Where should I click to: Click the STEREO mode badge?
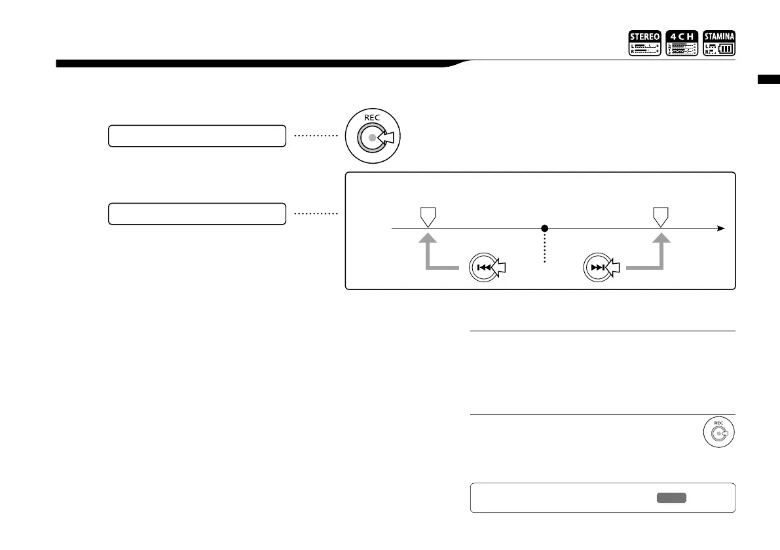pyautogui.click(x=644, y=43)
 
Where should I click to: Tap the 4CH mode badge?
pyautogui.click(x=682, y=43)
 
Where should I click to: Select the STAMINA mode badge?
pyautogui.click(x=719, y=43)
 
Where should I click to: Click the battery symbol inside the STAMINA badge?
pyautogui.click(x=726, y=48)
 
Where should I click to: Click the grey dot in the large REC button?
pyautogui.click(x=373, y=138)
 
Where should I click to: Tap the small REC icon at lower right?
pyautogui.click(x=718, y=434)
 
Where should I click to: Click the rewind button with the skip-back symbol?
pyautogui.click(x=484, y=267)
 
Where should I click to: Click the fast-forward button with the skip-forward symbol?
pyautogui.click(x=597, y=267)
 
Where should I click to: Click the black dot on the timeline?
pyautogui.click(x=544, y=229)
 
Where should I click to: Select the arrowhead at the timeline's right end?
pyautogui.click(x=720, y=229)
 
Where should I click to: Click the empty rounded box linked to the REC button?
pyautogui.click(x=197, y=136)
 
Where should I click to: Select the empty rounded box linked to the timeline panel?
pyautogui.click(x=197, y=213)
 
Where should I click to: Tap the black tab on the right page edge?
pyautogui.click(x=768, y=80)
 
